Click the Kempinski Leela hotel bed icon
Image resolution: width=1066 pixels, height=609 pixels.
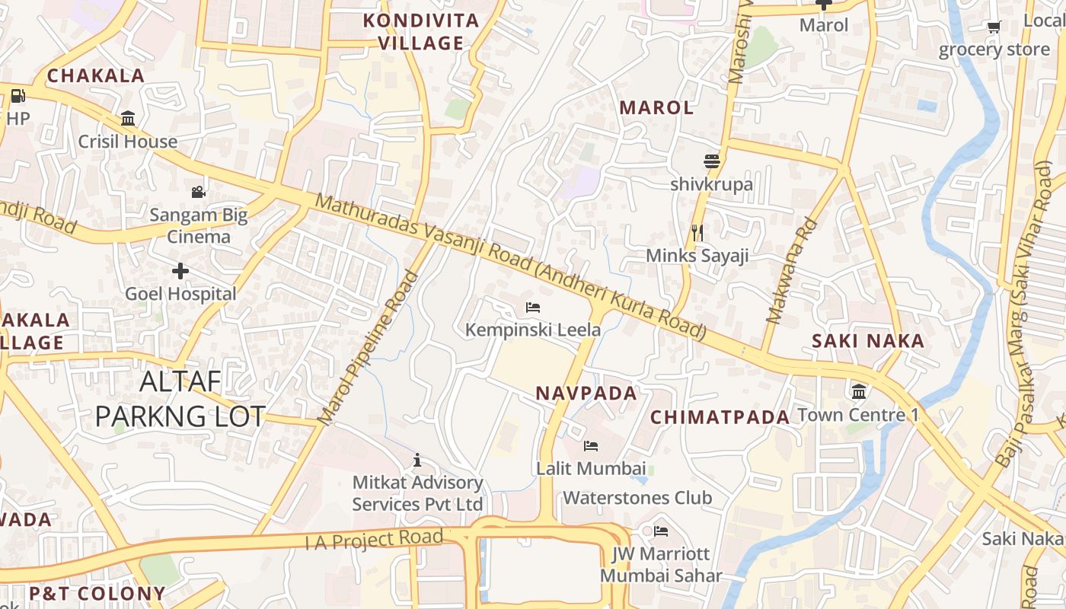click(533, 308)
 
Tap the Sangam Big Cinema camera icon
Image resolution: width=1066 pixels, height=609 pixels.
click(199, 192)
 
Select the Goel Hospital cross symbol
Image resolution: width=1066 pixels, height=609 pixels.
click(180, 271)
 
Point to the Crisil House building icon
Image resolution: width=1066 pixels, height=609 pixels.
click(128, 119)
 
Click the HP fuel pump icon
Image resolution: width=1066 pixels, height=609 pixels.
click(18, 96)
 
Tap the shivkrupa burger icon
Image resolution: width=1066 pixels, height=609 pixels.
click(712, 161)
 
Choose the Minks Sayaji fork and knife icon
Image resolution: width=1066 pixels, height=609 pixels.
click(697, 232)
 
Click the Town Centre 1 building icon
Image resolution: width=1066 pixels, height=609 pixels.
click(859, 392)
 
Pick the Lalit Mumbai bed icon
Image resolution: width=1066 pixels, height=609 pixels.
click(591, 445)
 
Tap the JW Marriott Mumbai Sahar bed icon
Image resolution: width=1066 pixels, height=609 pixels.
click(661, 531)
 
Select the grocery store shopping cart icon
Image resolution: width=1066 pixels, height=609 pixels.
click(994, 27)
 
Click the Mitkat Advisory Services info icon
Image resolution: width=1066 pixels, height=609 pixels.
click(417, 460)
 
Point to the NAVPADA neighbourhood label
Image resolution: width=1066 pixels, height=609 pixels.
click(586, 394)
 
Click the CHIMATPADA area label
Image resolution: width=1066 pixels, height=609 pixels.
click(720, 417)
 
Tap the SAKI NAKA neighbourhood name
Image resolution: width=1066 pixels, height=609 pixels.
click(868, 341)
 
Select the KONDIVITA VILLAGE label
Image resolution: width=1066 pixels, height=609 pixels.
click(421, 32)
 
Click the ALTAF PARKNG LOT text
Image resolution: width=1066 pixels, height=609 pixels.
click(180, 399)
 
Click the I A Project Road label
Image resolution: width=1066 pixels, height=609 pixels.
click(374, 539)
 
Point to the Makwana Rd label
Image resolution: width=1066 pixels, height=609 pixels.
click(792, 272)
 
